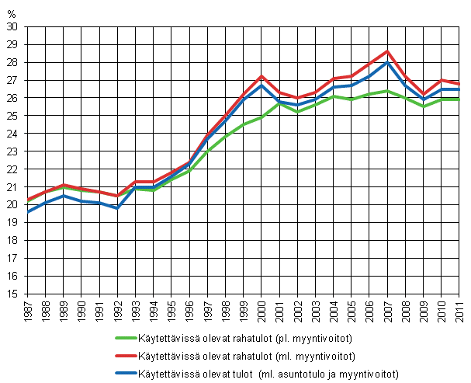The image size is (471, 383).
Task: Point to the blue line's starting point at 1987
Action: coord(27,211)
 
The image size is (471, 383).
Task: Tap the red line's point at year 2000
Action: coord(261,76)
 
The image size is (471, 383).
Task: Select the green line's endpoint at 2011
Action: coord(459,99)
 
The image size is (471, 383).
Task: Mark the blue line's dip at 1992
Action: coord(117,208)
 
